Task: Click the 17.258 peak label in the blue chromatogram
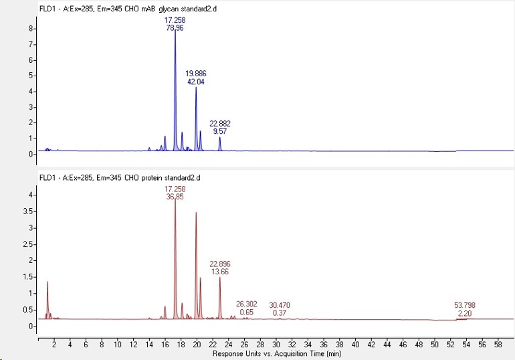[175, 21]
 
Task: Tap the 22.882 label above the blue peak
[220, 124]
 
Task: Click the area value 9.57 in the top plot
[220, 132]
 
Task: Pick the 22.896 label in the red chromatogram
[220, 264]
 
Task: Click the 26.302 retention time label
[246, 304]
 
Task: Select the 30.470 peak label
[280, 304]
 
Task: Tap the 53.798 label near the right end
[464, 305]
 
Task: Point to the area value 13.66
[220, 272]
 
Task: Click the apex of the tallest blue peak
[175, 31]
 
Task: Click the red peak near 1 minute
[47, 282]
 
